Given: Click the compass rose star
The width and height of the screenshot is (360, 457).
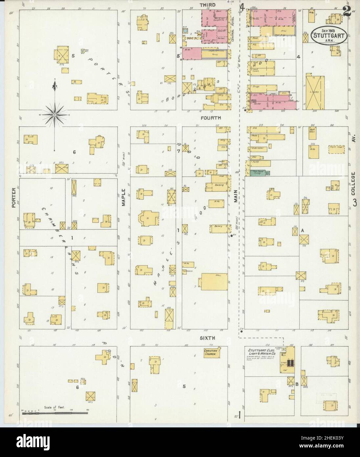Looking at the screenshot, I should (x=54, y=114).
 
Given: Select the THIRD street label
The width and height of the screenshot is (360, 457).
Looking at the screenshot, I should (x=207, y=5).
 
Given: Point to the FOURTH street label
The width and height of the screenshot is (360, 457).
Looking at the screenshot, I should (x=212, y=117).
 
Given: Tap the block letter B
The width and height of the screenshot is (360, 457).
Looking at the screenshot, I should (x=297, y=384).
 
